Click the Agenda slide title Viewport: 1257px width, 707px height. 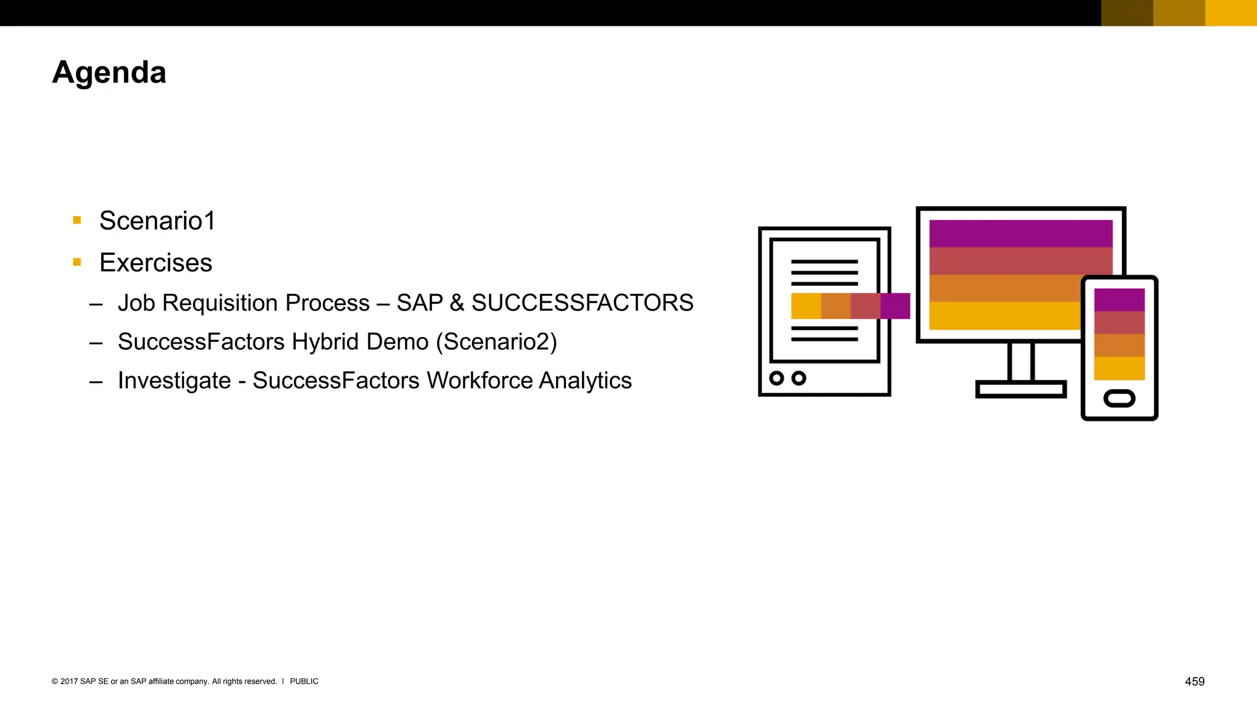pyautogui.click(x=109, y=72)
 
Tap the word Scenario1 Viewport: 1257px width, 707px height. pyautogui.click(x=157, y=221)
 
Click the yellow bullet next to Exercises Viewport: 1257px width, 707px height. pyautogui.click(x=77, y=262)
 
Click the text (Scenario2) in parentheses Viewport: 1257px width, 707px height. pyautogui.click(x=497, y=342)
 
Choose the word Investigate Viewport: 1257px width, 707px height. pyautogui.click(x=174, y=381)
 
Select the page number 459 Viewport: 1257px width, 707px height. pyautogui.click(x=1194, y=681)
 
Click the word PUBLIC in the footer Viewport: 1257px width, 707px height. pyautogui.click(x=304, y=681)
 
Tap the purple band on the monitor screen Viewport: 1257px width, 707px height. pyautogui.click(x=1020, y=233)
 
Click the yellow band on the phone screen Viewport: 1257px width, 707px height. pyautogui.click(x=1119, y=368)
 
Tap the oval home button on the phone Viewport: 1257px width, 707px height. pyautogui.click(x=1119, y=399)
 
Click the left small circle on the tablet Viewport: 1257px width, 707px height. pyautogui.click(x=776, y=378)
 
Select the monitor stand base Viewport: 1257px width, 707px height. pyautogui.click(x=1020, y=389)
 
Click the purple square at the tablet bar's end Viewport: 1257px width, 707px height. pyautogui.click(x=895, y=306)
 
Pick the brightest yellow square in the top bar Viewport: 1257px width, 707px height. pyautogui.click(x=1231, y=13)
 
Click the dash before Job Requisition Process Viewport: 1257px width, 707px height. pyautogui.click(x=96, y=304)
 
